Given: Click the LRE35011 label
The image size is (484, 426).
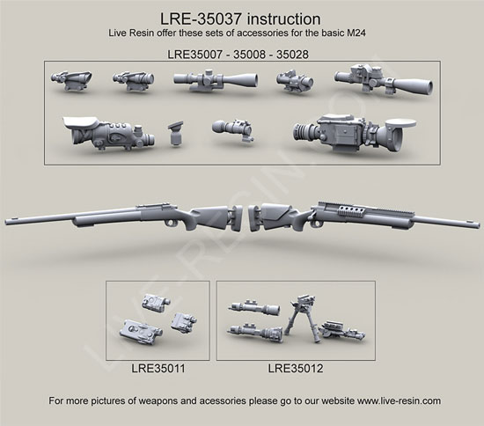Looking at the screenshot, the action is [158, 368].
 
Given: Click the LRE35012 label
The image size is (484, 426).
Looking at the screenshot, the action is [296, 368].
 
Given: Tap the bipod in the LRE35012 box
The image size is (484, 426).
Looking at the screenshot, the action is [303, 319].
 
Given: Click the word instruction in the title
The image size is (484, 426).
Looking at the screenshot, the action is [284, 19].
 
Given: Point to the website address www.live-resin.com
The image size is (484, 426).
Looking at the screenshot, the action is [399, 400].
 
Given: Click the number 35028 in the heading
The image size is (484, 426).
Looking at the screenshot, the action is [292, 55].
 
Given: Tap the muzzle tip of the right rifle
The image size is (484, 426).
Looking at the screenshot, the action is [478, 224].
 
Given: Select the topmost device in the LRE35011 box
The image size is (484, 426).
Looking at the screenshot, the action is [156, 302].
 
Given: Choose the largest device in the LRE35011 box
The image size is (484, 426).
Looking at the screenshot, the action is [141, 332].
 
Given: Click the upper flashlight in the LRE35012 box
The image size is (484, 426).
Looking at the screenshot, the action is [254, 307].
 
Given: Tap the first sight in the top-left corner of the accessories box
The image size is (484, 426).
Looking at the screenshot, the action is [71, 80].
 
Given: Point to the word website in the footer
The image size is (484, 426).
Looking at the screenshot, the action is [338, 400].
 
